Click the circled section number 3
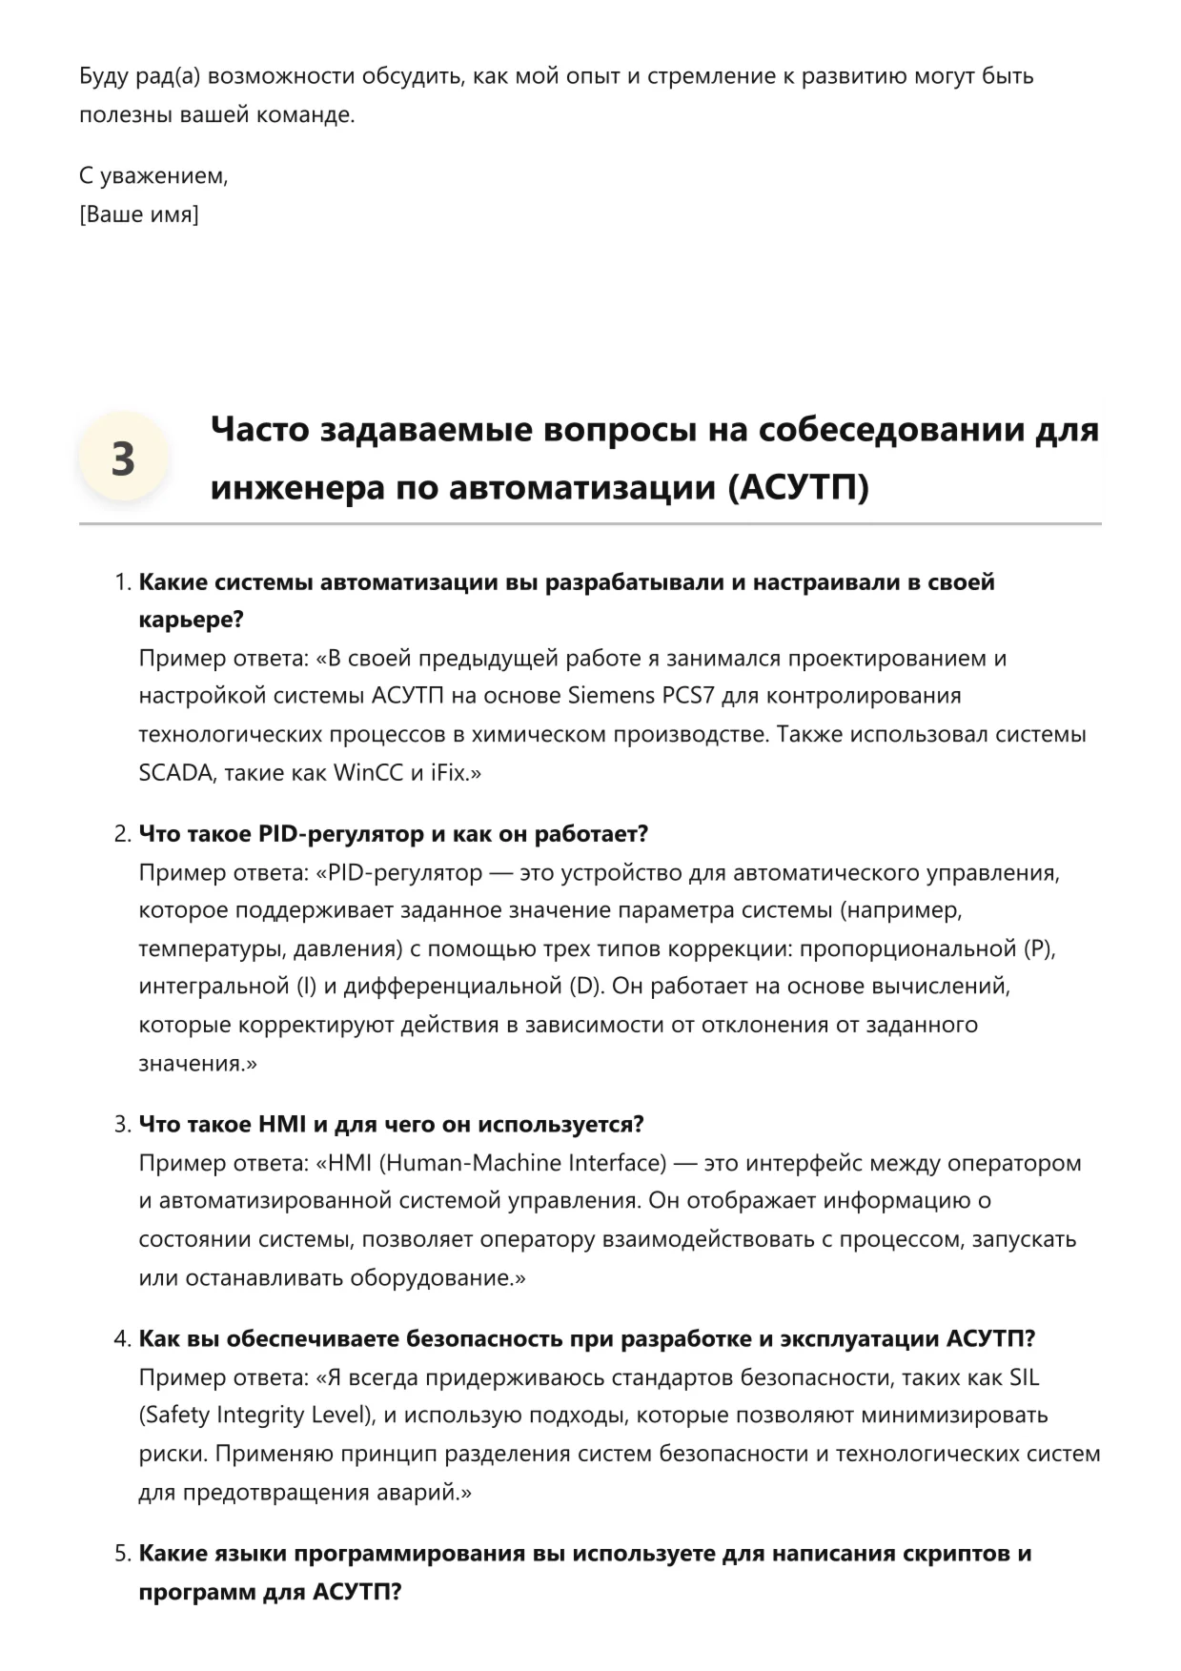123,459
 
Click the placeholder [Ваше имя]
139,214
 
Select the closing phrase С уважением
153,176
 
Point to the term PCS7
687,696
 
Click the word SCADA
176,773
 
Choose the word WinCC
368,773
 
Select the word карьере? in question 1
192,620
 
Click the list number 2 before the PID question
122,834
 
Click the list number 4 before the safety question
122,1339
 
